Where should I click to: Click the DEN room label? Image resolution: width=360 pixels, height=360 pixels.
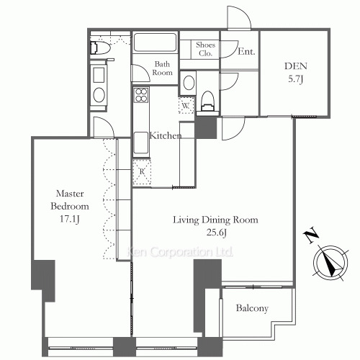pyautogui.click(x=296, y=66)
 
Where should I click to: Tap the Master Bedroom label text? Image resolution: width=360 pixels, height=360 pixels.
pyautogui.click(x=70, y=200)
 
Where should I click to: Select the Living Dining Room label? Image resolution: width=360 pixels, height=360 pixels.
pyautogui.click(x=215, y=220)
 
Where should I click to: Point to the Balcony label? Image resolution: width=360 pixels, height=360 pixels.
pyautogui.click(x=252, y=308)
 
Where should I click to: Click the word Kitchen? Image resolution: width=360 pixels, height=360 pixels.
pyautogui.click(x=166, y=135)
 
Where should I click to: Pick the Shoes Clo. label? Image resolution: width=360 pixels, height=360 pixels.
pyautogui.click(x=205, y=49)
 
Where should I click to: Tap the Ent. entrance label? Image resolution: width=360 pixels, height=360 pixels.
pyautogui.click(x=246, y=51)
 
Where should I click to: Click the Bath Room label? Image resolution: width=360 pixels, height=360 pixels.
pyautogui.click(x=162, y=68)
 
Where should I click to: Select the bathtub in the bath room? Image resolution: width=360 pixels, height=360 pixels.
pyautogui.click(x=155, y=42)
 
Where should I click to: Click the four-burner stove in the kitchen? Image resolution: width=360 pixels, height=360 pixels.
pyautogui.click(x=141, y=95)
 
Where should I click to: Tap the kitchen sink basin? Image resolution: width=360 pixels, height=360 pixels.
pyautogui.click(x=141, y=143)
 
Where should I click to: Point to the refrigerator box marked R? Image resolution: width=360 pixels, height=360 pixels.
pyautogui.click(x=142, y=171)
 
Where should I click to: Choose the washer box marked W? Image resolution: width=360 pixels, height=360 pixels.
pyautogui.click(x=186, y=105)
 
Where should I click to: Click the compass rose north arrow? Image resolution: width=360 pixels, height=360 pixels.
pyautogui.click(x=331, y=264)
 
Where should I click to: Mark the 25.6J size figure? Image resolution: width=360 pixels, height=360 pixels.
pyautogui.click(x=217, y=233)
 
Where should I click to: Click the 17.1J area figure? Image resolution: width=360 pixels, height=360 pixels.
pyautogui.click(x=70, y=219)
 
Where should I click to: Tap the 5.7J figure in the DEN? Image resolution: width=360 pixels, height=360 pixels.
pyautogui.click(x=295, y=79)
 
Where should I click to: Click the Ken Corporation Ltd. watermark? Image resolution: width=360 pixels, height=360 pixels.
pyautogui.click(x=179, y=252)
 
